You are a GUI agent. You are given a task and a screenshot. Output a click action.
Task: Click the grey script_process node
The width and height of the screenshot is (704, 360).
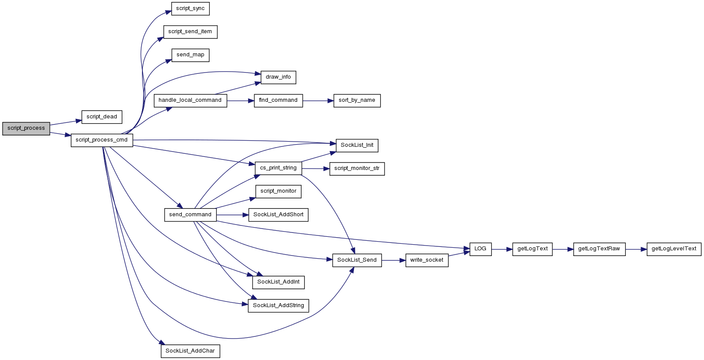[26, 128]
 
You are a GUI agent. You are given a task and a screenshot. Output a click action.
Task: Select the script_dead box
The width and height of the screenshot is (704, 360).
[102, 117]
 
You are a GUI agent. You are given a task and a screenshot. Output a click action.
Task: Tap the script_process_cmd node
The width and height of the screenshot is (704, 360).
[102, 140]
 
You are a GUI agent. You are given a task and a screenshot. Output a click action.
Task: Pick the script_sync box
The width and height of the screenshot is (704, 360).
[190, 8]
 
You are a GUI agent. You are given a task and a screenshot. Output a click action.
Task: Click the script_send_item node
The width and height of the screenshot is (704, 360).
[190, 32]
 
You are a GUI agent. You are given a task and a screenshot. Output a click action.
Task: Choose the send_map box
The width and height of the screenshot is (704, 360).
[190, 55]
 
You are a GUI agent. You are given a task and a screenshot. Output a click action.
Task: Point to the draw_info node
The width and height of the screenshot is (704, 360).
[278, 77]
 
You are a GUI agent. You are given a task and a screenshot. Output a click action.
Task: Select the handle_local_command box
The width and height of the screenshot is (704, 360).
[190, 100]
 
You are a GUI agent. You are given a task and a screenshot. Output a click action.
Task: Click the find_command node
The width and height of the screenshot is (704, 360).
[278, 100]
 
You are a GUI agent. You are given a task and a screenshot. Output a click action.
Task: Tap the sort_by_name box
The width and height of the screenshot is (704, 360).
[357, 100]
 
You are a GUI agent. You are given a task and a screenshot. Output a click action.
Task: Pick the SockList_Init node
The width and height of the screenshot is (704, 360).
[357, 145]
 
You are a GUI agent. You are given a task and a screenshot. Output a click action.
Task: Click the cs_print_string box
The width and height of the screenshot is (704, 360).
[278, 168]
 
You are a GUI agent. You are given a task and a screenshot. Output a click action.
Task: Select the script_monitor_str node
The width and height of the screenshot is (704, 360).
[357, 169]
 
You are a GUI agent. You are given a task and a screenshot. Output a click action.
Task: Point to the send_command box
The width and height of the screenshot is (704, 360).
[190, 215]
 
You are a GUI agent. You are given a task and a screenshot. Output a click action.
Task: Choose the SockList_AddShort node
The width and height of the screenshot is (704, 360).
[278, 215]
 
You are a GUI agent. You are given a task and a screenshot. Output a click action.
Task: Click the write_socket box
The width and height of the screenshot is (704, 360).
[427, 260]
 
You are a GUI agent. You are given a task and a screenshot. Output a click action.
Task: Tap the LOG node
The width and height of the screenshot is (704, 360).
[480, 249]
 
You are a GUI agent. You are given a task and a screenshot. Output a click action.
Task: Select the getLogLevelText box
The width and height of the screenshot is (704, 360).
[674, 249]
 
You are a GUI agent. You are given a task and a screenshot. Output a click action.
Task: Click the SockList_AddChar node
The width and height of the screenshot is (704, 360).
[190, 351]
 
